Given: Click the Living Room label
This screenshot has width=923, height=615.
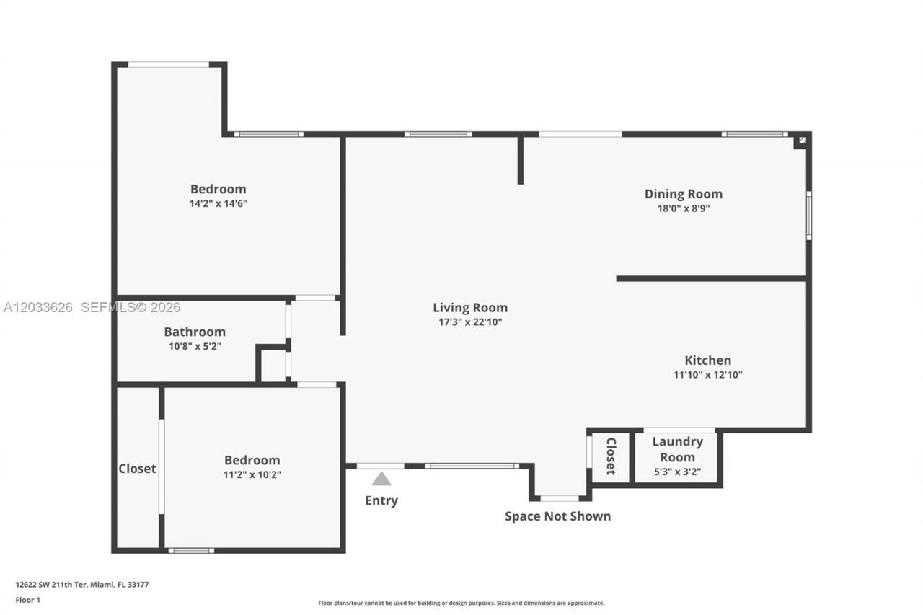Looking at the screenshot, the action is coord(470,308).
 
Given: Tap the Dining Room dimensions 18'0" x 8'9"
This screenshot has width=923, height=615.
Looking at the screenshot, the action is coord(684,208).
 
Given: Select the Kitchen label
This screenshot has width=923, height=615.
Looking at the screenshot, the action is coord(708,360).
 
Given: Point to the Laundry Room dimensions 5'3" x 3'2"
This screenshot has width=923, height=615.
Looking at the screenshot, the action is coord(677,472).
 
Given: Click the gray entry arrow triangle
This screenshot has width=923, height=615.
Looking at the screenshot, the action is coord(381,479).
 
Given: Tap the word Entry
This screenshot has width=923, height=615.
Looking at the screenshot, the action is coord(381,500).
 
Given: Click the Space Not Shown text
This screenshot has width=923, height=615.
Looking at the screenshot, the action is coord(558,516).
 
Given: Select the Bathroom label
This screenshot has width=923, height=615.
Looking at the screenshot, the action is coord(195,332).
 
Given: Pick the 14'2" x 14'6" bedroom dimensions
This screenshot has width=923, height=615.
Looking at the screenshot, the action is coord(218,203).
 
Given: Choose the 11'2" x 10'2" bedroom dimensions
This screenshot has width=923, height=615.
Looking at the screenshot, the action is coord(252,474).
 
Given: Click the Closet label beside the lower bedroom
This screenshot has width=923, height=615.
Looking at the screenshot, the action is coord(137,469).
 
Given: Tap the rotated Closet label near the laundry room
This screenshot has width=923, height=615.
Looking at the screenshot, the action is coord(611,456).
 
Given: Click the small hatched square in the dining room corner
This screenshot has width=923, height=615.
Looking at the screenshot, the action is coord(803,140).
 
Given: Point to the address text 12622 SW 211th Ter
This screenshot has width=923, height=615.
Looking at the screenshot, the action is coord(51,585).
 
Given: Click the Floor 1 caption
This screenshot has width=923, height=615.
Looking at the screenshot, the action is coord(28,600).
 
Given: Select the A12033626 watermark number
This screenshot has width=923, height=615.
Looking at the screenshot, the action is coord(38,307).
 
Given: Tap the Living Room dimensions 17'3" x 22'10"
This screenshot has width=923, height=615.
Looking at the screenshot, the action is coord(470,322).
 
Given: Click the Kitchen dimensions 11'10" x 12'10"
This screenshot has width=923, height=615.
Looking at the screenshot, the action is coord(708,374).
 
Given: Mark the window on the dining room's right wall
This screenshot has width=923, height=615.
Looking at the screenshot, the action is coord(809,216).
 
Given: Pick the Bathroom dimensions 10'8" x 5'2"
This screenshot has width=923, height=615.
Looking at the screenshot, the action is coord(195,346).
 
